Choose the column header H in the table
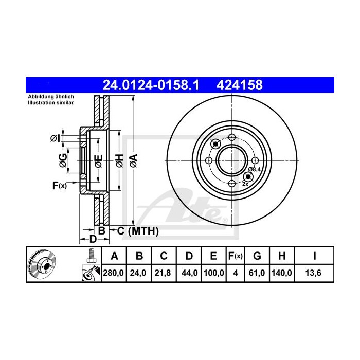tap(282, 256)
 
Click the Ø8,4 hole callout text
tap(254, 169)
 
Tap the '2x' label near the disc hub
tap(245, 184)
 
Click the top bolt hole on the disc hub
tap(231, 137)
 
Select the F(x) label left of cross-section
tap(59, 185)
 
